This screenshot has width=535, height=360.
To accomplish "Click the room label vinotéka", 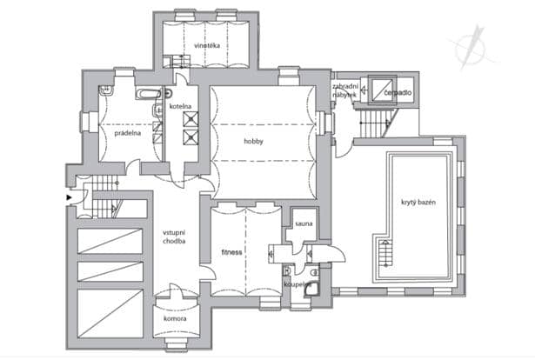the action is click(x=207, y=45).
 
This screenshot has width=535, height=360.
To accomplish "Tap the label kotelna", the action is click(x=180, y=106).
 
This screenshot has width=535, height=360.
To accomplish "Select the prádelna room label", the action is click(x=128, y=133).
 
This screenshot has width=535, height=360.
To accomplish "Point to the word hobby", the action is click(x=253, y=141).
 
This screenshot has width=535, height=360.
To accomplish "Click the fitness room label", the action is click(x=231, y=252).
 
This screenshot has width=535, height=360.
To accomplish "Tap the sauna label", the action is click(x=304, y=223).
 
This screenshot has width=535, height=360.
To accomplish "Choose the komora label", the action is click(x=175, y=319).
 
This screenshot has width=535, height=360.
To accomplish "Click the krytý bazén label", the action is click(x=418, y=202).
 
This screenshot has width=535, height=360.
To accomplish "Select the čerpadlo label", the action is click(x=398, y=92).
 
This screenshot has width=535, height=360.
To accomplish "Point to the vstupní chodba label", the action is click(x=174, y=237).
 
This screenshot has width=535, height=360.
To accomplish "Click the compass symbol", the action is click(x=472, y=48).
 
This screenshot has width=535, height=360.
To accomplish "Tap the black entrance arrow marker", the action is click(x=70, y=197).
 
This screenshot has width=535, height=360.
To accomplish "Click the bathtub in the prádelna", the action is click(x=149, y=93).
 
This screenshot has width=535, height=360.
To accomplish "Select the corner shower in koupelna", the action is click(x=311, y=288).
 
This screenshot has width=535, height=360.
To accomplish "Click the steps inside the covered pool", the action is click(x=385, y=253).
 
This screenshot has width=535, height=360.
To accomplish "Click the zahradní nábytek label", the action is click(x=345, y=90).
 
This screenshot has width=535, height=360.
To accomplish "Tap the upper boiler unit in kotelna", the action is click(x=191, y=119).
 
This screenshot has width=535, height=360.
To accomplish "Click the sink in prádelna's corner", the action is click(x=106, y=90).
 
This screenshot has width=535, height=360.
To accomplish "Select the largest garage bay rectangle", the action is click(x=110, y=314).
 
